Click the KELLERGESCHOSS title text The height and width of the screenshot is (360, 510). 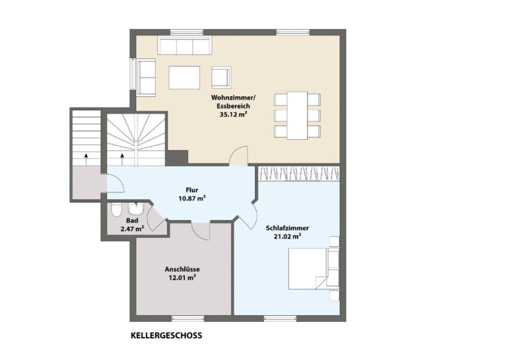click(x=166, y=335)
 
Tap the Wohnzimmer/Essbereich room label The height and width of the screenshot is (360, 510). click(x=230, y=101)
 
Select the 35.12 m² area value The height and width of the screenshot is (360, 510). click(x=234, y=114)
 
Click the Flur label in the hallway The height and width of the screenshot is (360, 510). click(x=192, y=190)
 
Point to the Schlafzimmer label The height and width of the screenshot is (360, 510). click(x=287, y=228)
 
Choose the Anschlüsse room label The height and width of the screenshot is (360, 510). click(x=182, y=269)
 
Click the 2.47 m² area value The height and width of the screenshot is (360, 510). click(x=132, y=229)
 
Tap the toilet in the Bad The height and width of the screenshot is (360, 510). click(x=116, y=210)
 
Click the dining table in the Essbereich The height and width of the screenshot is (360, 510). click(x=297, y=115)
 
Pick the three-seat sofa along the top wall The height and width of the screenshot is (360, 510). click(x=184, y=46)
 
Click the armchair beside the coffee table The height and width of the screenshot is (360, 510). click(x=221, y=77)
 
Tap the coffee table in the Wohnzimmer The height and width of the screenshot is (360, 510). click(x=184, y=77)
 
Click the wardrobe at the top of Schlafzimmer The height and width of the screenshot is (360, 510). click(x=299, y=173)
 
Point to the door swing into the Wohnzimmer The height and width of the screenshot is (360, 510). click(x=239, y=156)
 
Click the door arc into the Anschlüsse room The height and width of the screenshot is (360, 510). click(x=201, y=231)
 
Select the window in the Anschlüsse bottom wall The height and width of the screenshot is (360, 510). click(x=188, y=318)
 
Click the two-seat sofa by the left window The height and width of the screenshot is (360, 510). click(x=146, y=78)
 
